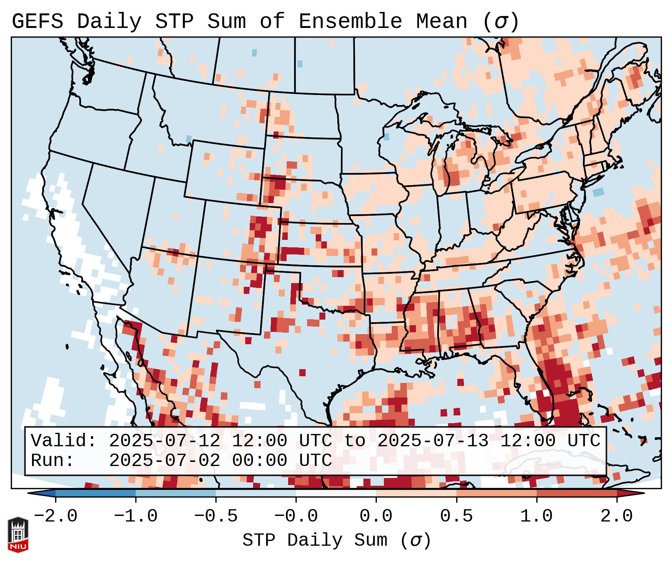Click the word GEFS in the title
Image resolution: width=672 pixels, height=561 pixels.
pos(37,22)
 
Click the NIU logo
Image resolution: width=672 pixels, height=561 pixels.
pos(18,535)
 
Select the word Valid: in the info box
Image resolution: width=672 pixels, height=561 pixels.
pos(64,441)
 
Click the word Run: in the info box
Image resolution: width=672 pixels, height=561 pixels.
pos(53,461)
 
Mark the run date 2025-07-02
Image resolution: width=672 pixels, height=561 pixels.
pos(164,461)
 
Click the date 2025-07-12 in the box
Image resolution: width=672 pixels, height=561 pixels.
pos(164,441)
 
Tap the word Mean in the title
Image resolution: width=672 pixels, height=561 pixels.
pos(441,22)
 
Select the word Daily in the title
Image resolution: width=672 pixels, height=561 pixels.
pos(109,22)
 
